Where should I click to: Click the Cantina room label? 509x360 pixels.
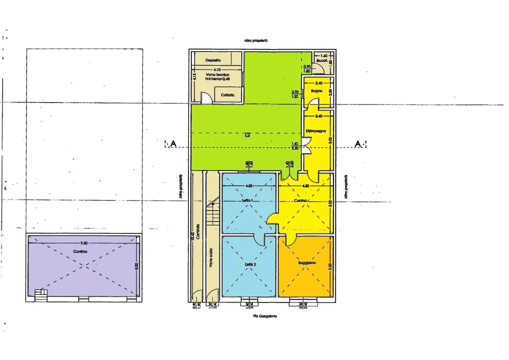(x=80, y=251)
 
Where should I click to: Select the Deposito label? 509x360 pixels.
(x=213, y=60)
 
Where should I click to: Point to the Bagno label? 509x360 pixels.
(x=316, y=91)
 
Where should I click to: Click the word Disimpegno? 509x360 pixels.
(x=316, y=131)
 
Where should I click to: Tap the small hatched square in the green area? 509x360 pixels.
(x=247, y=134)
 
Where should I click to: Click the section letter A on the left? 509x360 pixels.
(x=173, y=144)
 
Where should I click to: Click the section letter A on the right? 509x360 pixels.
(x=358, y=144)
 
